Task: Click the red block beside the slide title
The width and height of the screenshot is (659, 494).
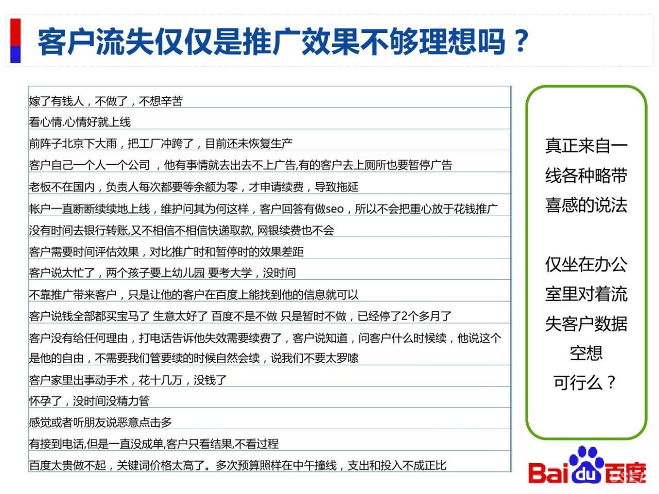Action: coord(15,32)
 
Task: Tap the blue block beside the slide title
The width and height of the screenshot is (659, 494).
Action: coord(15,55)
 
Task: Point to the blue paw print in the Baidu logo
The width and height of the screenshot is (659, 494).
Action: coord(587,464)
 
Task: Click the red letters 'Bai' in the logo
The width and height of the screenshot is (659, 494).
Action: coord(549,473)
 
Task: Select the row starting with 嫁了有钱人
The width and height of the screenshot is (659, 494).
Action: coord(106,101)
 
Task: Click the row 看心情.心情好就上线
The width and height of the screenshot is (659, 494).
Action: coord(80,122)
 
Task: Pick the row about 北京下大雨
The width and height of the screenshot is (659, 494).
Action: coord(161,144)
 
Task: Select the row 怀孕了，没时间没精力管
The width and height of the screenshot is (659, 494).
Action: coord(89,401)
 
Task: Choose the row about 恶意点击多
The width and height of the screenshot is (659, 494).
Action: coord(100,422)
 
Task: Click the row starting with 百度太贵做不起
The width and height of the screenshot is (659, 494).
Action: coord(237,465)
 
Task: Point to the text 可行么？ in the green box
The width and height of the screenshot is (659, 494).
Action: coord(585,382)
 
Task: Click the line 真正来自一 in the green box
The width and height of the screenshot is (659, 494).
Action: coord(586,146)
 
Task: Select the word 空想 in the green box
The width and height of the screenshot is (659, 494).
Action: coord(586,353)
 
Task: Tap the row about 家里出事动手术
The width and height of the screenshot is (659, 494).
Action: coord(128,380)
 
